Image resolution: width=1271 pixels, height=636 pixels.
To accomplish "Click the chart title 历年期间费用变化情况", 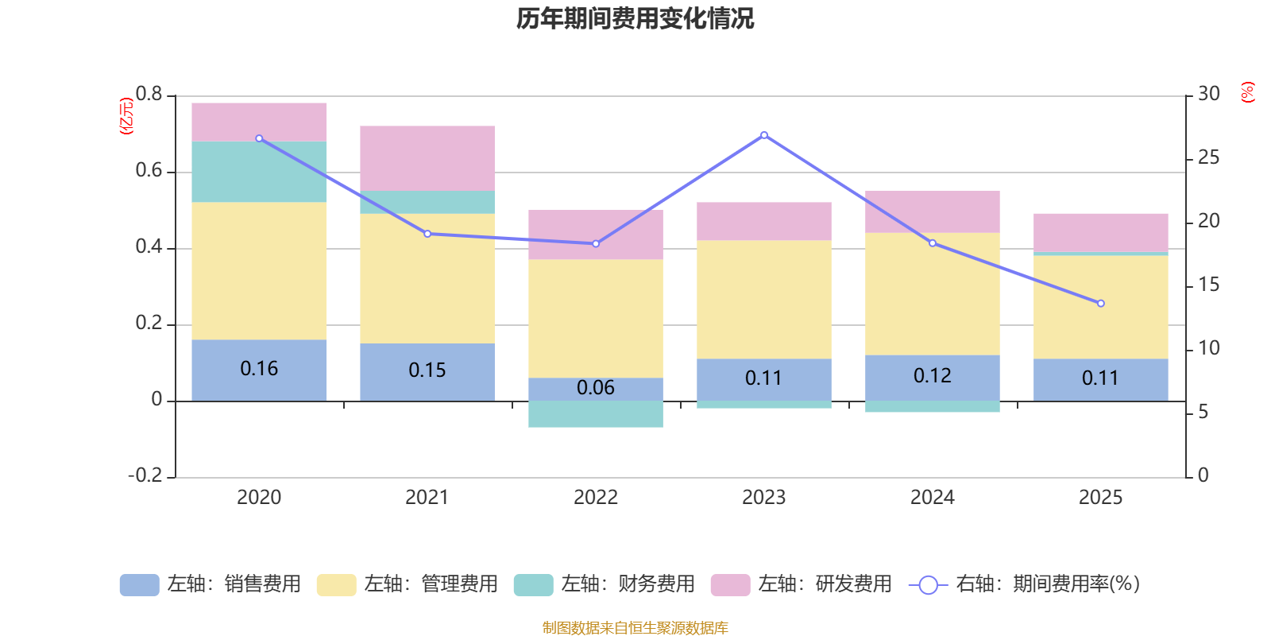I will click(635, 18).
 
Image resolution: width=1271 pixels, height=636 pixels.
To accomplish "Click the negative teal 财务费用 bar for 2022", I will click(596, 414).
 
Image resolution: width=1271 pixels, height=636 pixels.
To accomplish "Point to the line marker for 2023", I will click(764, 135).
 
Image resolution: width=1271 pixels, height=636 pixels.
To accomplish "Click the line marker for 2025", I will click(1100, 303).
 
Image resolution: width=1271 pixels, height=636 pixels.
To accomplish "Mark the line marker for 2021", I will click(427, 234).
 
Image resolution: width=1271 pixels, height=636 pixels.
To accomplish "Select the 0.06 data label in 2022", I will click(596, 388).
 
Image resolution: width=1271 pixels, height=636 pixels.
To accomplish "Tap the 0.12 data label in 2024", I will click(932, 376).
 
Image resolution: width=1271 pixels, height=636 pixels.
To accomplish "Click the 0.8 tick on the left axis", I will click(149, 95).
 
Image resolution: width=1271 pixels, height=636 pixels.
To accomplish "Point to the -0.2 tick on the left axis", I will click(145, 475).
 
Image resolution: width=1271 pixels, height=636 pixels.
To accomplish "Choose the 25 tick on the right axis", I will click(1208, 158).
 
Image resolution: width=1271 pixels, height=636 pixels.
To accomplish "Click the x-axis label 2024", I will click(932, 498).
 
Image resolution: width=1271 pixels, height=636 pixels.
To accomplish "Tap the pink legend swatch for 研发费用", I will click(730, 585).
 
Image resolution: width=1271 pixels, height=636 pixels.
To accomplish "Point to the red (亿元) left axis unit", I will click(126, 116).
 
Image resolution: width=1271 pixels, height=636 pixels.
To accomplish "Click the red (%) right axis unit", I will click(1247, 92).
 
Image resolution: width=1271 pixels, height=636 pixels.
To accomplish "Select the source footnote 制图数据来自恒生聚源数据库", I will click(635, 628).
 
